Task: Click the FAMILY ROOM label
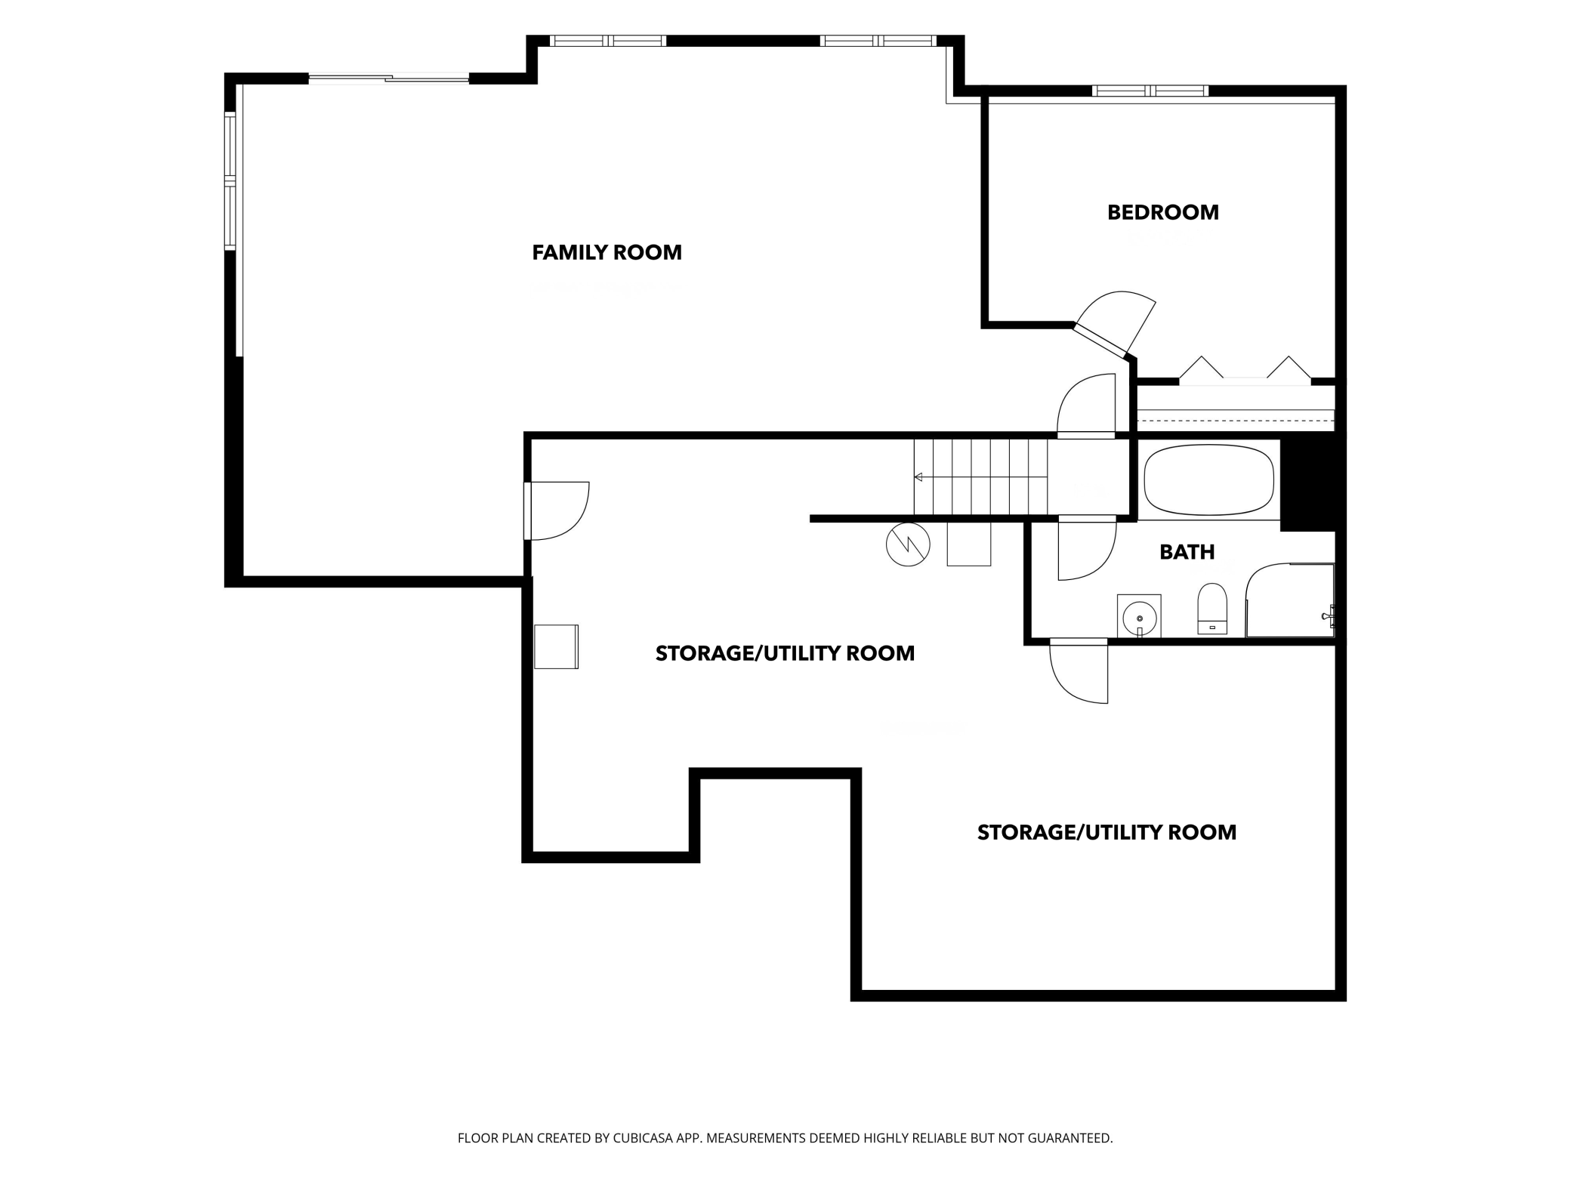[x=606, y=252]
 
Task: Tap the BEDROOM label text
[x=1163, y=212]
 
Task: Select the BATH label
[x=1187, y=552]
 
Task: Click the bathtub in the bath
[x=1208, y=480]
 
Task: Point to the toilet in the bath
[x=1212, y=608]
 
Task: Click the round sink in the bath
[x=1139, y=616]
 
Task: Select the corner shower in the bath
[x=1289, y=600]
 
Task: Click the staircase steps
[x=980, y=476]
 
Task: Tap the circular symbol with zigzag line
[x=908, y=544]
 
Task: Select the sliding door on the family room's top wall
[x=389, y=78]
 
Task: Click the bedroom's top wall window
[x=1150, y=91]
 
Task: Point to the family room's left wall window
[x=230, y=180]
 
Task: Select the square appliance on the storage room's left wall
[x=557, y=646]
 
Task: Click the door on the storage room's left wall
[x=557, y=511]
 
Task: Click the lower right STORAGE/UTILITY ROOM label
[x=1106, y=832]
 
